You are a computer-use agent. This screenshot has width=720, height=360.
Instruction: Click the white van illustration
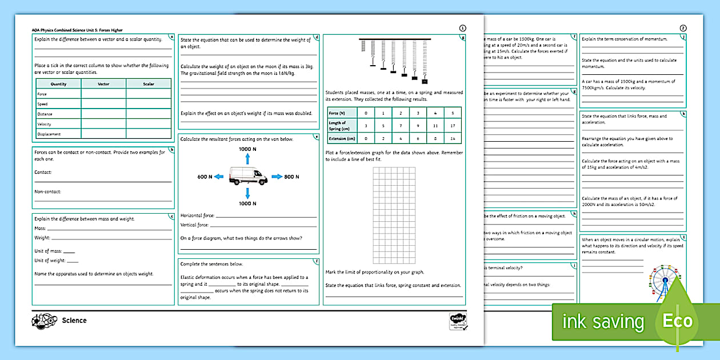248,176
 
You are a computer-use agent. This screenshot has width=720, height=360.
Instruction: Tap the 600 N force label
205,177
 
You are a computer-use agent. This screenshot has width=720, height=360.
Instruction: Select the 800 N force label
291,177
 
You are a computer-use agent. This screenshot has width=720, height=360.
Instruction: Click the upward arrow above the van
247,159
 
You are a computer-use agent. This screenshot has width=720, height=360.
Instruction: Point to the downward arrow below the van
247,193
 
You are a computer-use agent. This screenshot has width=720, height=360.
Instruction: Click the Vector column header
103,84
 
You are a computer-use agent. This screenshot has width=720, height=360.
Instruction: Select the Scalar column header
149,84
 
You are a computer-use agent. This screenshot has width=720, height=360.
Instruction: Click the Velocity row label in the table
44,124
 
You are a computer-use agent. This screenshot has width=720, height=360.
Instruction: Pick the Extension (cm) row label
342,138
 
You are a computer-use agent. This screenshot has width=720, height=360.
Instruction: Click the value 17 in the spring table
453,125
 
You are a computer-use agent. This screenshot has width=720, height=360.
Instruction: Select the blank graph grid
394,215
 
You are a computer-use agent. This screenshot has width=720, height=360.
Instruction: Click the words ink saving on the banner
603,322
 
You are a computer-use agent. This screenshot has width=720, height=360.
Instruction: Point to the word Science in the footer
74,321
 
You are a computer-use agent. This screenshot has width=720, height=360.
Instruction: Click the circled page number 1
462,28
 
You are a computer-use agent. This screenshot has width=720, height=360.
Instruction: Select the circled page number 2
683,28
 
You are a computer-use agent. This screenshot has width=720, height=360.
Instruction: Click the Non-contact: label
47,191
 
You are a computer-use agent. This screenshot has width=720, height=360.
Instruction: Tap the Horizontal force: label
197,215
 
